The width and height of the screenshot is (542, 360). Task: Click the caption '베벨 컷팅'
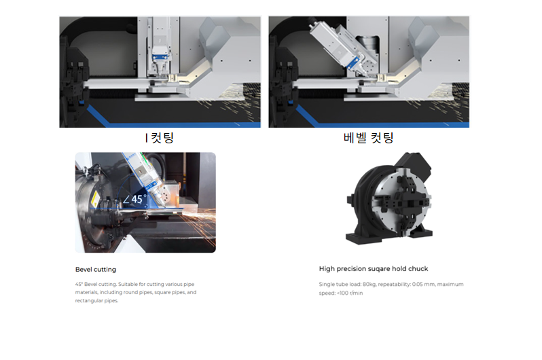[368, 138]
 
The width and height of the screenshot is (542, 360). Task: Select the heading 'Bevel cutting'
[95, 270]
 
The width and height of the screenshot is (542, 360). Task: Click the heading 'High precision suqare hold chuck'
[373, 269]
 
